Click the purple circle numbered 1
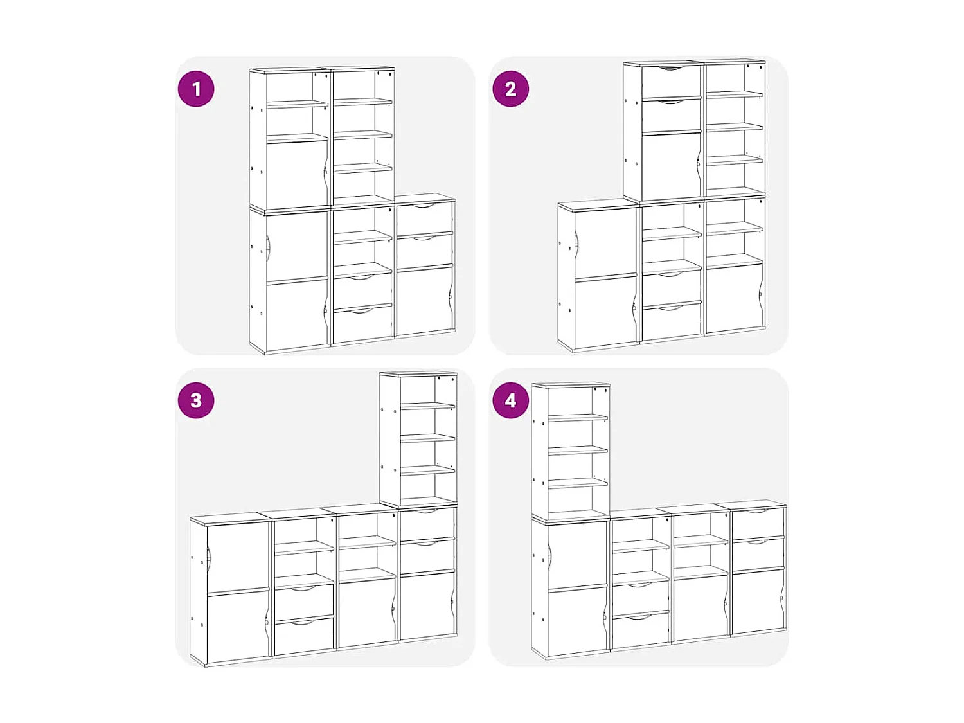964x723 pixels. pyautogui.click(x=196, y=89)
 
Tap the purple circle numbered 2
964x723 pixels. pyautogui.click(x=510, y=89)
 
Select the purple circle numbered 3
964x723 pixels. pyautogui.click(x=196, y=400)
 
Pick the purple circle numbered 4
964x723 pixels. pyautogui.click(x=510, y=400)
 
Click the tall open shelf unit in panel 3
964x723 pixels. pyautogui.click(x=418, y=440)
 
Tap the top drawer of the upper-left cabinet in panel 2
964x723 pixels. pyautogui.click(x=671, y=81)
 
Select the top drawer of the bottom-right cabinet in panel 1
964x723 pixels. pyautogui.click(x=425, y=217)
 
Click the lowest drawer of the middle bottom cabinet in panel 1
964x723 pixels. pyautogui.click(x=362, y=323)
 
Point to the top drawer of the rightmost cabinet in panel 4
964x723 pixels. pyautogui.click(x=758, y=523)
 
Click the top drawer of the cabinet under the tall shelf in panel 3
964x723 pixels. pyautogui.click(x=427, y=524)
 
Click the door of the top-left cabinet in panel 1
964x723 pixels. pyautogui.click(x=298, y=174)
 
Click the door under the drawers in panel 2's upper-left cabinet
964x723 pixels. pyautogui.click(x=671, y=166)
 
